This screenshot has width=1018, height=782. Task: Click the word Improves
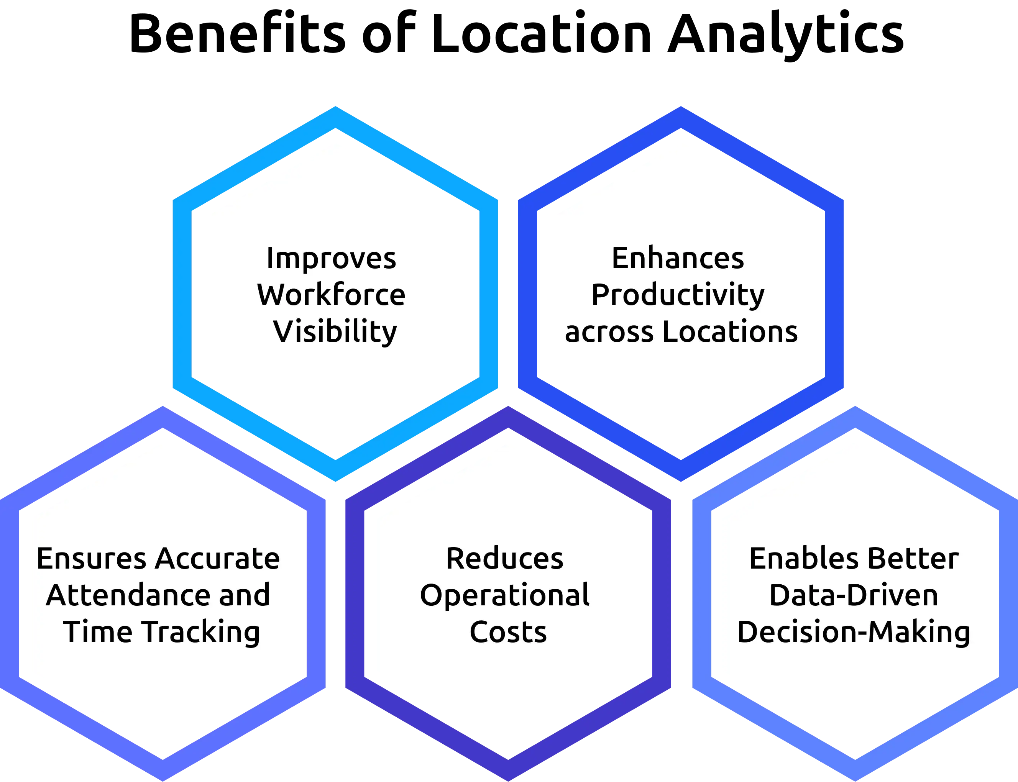click(x=331, y=258)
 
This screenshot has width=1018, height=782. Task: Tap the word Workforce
click(x=331, y=295)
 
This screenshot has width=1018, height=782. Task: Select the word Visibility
click(x=335, y=332)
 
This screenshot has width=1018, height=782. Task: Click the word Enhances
click(x=678, y=258)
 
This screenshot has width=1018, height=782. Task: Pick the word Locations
click(x=730, y=332)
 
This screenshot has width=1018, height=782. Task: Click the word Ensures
click(x=91, y=559)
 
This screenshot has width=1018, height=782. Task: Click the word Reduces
click(x=504, y=559)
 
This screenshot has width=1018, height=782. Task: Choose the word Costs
click(x=508, y=633)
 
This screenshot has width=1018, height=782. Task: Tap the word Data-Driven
click(x=854, y=595)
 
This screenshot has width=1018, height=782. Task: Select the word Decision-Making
click(x=854, y=633)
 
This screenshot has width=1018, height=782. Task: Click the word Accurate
click(x=217, y=559)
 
